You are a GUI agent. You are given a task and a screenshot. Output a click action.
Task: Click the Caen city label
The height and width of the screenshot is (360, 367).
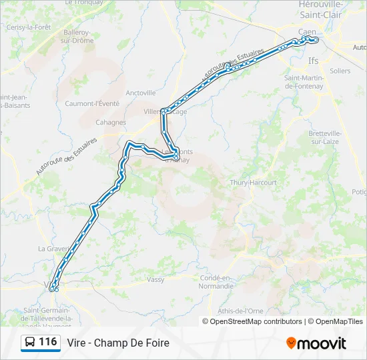[307, 31]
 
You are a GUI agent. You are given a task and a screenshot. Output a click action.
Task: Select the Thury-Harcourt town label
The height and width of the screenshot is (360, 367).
[248, 182]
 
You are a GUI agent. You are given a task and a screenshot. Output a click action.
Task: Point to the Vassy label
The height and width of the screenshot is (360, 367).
[155, 279]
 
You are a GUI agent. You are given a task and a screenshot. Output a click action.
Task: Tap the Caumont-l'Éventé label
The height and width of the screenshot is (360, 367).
[92, 103]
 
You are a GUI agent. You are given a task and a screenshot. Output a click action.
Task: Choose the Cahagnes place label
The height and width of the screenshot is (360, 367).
[111, 122]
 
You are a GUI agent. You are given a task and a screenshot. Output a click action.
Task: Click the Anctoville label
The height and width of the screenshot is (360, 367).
[140, 93]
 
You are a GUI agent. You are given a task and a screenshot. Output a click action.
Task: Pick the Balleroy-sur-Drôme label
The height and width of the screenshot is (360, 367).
[78, 36]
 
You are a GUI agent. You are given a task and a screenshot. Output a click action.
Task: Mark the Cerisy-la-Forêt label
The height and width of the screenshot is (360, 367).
[28, 27]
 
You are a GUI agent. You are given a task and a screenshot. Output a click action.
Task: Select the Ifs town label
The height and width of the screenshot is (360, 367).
[314, 60]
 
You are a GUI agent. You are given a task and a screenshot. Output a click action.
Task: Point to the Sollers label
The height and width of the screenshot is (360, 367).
[340, 71]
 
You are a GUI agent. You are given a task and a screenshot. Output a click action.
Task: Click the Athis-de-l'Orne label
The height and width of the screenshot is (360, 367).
[240, 311]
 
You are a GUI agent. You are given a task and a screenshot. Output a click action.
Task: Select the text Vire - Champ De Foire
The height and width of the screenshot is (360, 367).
[118, 343]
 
